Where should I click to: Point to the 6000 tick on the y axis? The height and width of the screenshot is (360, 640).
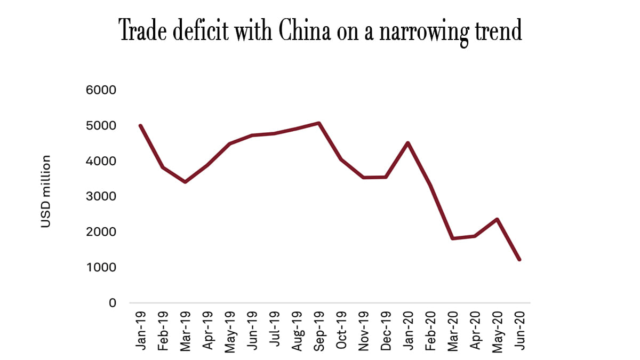(x=101, y=90)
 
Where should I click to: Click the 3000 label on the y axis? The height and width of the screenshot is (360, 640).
(x=101, y=196)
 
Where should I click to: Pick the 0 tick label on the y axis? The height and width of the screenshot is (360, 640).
(x=112, y=303)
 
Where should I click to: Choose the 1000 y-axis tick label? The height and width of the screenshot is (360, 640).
(x=101, y=267)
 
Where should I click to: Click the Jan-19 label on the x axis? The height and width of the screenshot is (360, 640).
(x=141, y=331)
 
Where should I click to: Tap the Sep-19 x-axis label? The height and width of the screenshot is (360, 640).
(x=319, y=331)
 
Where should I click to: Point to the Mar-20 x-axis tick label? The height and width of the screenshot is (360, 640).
(x=453, y=331)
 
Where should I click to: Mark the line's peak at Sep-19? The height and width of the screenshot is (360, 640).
(x=318, y=123)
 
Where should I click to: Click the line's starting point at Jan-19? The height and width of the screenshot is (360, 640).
(x=140, y=125)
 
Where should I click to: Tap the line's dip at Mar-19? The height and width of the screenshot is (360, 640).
(x=185, y=182)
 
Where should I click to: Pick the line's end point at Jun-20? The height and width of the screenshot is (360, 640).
(x=519, y=260)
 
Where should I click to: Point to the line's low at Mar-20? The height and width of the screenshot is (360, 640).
(x=452, y=238)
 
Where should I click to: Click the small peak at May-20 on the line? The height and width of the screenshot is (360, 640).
(x=497, y=219)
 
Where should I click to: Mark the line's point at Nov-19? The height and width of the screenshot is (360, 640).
(x=363, y=178)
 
